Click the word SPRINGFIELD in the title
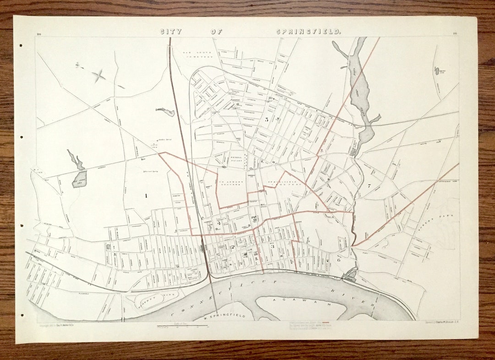tap(308, 32)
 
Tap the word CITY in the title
tap(170, 32)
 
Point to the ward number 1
tap(146, 196)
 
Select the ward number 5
tap(267, 119)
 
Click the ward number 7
tap(368, 186)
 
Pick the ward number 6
tap(339, 260)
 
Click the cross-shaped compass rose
tap(98, 76)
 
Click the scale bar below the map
tap(182, 327)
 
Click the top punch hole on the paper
tap(20, 45)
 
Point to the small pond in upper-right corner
tap(437, 71)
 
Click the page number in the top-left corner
tap(38, 34)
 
